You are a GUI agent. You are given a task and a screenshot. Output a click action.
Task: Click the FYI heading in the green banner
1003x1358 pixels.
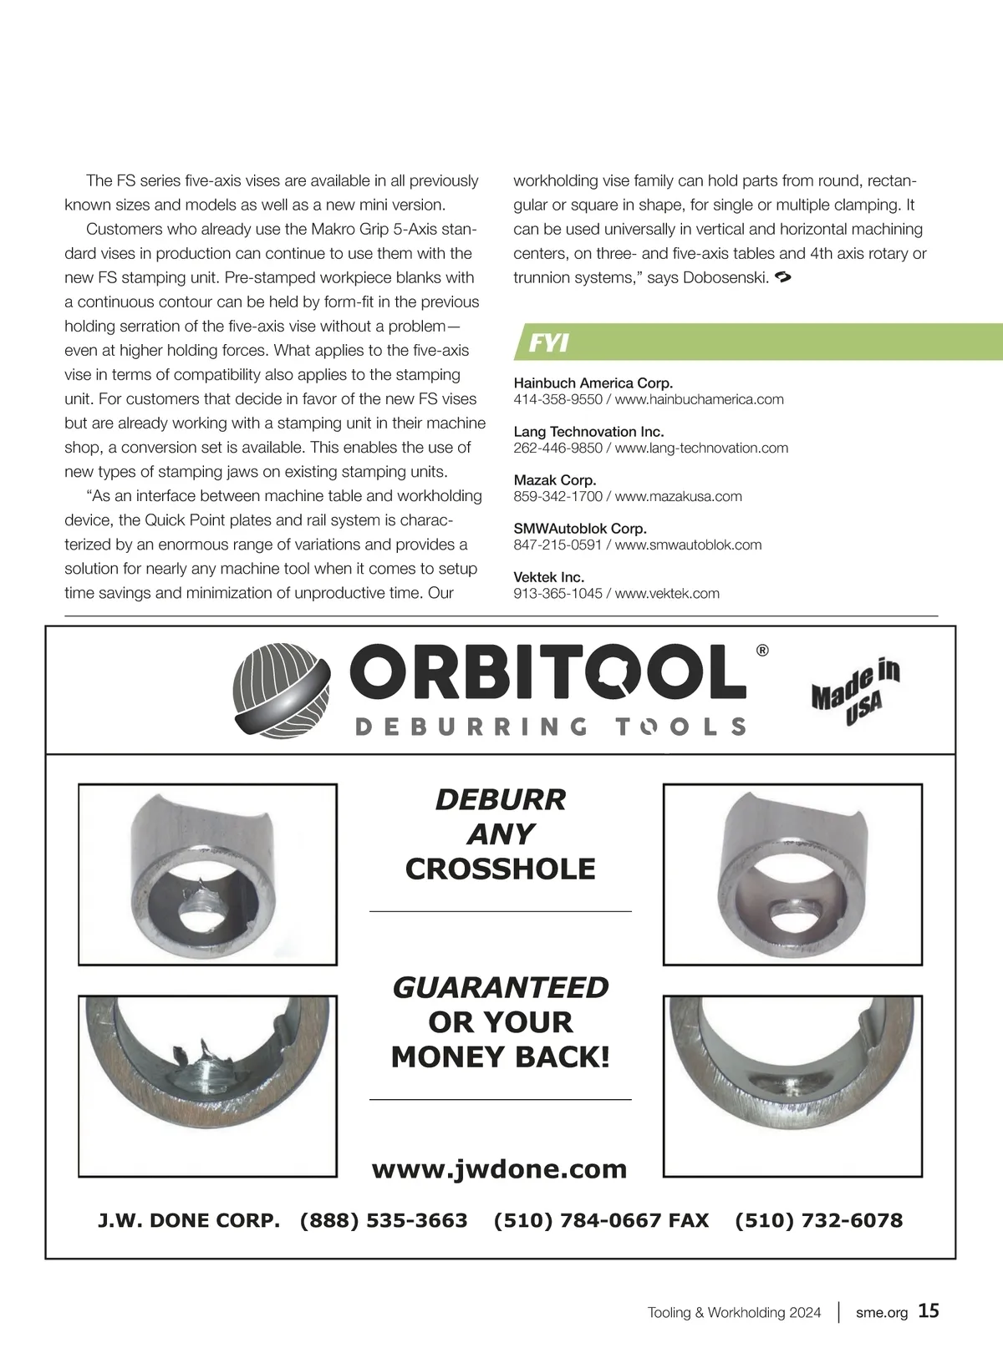click(x=549, y=342)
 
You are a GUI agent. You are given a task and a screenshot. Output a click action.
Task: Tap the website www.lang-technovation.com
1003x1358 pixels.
click(x=701, y=448)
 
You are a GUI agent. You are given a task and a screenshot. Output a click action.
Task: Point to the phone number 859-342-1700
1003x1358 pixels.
click(x=558, y=496)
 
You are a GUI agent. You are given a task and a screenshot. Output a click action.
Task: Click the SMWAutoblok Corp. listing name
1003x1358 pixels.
click(x=580, y=528)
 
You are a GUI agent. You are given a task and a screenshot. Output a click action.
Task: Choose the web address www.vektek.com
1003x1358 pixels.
click(x=667, y=593)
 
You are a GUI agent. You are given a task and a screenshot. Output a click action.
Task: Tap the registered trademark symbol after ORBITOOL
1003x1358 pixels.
click(x=761, y=651)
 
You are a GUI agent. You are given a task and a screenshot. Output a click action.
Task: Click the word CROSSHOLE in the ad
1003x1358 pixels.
click(x=500, y=869)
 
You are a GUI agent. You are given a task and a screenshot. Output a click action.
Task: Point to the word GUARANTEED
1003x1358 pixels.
click(x=500, y=987)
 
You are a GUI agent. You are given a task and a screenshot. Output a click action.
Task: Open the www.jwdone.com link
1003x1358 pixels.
click(x=499, y=1168)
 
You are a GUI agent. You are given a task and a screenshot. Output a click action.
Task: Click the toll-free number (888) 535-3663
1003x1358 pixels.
click(x=384, y=1220)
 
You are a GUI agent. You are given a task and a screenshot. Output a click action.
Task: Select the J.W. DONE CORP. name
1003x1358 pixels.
click(x=189, y=1220)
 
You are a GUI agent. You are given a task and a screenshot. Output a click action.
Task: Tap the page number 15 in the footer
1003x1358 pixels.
click(x=929, y=1310)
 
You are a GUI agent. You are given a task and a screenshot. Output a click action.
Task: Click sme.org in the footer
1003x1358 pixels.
click(x=881, y=1312)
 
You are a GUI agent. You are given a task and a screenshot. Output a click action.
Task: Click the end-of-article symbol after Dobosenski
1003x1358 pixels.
click(x=783, y=276)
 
